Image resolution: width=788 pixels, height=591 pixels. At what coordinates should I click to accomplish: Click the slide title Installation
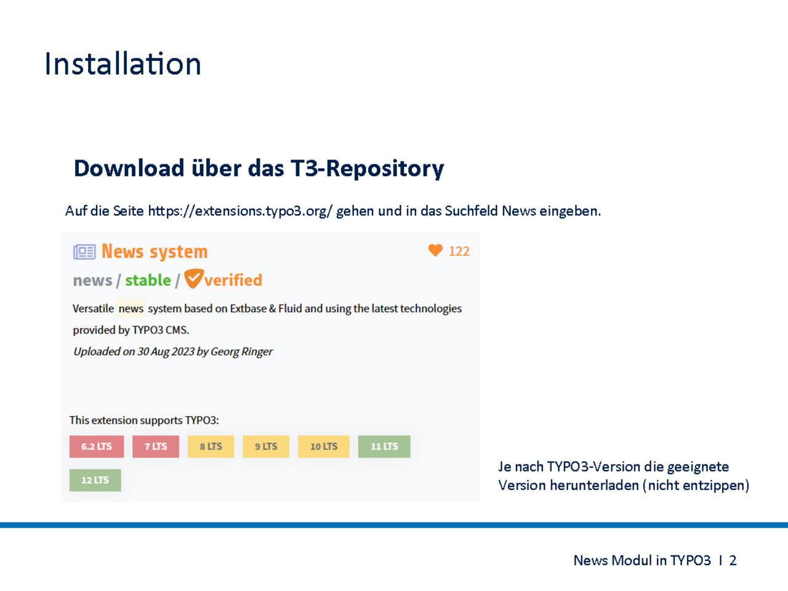(123, 63)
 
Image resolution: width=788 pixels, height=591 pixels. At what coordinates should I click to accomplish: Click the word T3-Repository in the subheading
(368, 168)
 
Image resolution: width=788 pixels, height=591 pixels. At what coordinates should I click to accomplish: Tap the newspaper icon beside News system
(84, 252)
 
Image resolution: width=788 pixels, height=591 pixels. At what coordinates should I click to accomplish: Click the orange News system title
(155, 251)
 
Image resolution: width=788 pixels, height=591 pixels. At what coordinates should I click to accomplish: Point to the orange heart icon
(435, 250)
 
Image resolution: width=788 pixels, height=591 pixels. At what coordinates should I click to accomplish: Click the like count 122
(459, 251)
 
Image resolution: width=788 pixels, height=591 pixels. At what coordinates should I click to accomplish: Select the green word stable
(148, 280)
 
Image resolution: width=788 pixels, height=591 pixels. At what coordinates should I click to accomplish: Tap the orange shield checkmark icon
(194, 278)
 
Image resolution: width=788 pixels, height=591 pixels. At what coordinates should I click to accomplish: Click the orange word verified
(233, 280)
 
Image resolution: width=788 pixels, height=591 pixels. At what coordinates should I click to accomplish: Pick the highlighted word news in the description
(131, 308)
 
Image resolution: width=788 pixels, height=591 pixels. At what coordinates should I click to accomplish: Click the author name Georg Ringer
(241, 352)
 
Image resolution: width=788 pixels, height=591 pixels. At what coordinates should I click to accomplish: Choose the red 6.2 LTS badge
(97, 446)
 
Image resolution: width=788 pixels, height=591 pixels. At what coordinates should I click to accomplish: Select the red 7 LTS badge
(156, 446)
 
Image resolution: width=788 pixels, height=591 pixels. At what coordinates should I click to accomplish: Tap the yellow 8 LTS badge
(211, 446)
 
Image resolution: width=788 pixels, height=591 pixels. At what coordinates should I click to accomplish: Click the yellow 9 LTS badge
(266, 446)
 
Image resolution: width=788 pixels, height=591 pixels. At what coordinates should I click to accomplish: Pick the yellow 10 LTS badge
(324, 446)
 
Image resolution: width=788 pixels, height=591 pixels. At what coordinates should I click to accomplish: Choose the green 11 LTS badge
(384, 446)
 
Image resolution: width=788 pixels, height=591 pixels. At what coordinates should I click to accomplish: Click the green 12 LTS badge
(95, 480)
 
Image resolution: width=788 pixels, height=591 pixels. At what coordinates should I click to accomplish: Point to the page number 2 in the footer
(733, 560)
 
